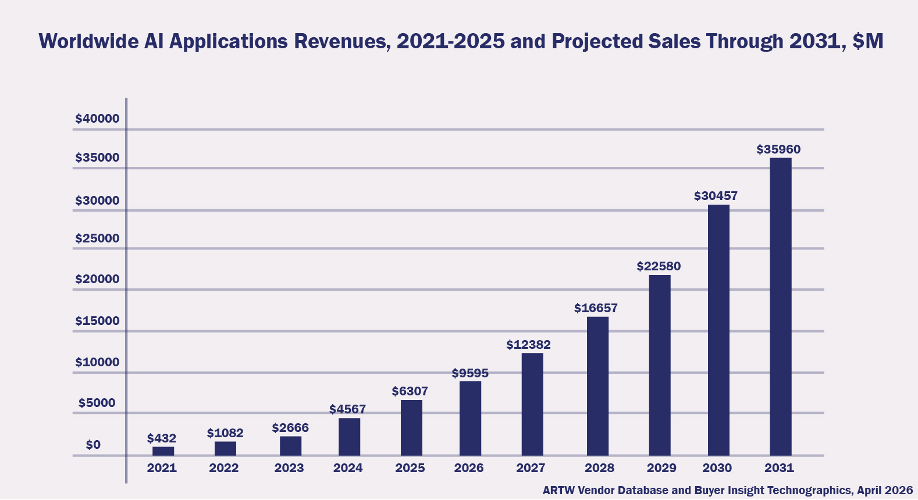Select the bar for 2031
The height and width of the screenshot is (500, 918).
coord(780,306)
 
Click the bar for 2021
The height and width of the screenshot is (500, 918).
coord(163,451)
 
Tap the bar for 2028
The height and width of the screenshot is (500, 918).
coord(597,386)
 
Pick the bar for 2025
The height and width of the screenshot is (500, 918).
coord(411,427)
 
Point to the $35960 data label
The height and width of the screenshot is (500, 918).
coord(778,149)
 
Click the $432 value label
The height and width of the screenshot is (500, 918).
coord(162,438)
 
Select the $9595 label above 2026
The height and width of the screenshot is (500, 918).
coord(470,373)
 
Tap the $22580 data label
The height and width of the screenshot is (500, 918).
coord(659,266)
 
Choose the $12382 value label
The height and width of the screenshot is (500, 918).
coord(528,345)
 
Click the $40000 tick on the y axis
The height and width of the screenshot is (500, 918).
coord(97,119)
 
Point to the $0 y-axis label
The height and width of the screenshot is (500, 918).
coord(93,445)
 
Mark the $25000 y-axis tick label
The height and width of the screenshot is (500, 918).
coord(97,238)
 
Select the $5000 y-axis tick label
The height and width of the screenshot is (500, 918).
coord(97,403)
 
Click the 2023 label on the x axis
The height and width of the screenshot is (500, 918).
coord(289,468)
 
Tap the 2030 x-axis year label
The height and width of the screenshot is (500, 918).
coord(717,468)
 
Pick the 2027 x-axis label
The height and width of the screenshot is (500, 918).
coord(531,468)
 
